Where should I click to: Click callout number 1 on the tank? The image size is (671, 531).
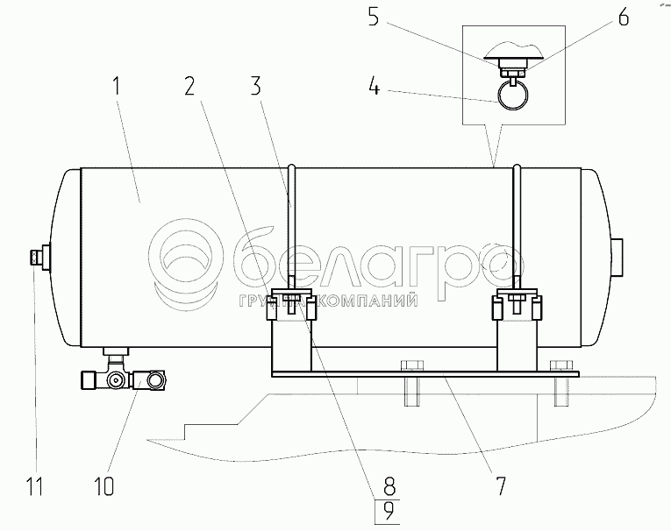point(117,86)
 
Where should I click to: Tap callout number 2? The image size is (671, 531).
point(189,86)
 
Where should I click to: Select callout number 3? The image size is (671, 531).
point(255,86)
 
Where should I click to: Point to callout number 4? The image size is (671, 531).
point(374,86)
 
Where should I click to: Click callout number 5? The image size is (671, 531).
point(374,18)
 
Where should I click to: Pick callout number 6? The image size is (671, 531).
point(623,18)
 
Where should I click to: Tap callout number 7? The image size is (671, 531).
point(500,485)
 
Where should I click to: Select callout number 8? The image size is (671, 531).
point(389,485)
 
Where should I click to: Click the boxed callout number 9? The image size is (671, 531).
point(388,512)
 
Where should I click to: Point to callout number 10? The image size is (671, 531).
point(104,485)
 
